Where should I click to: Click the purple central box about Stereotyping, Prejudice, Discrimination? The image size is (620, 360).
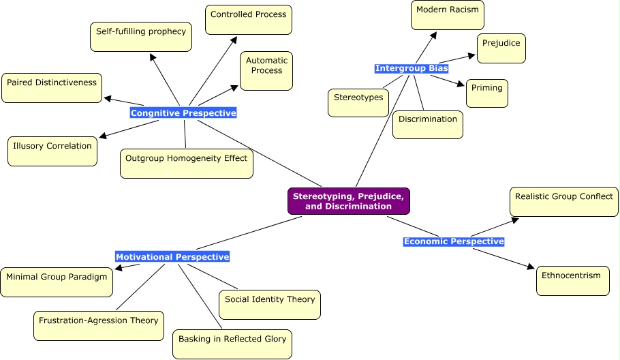[349, 201]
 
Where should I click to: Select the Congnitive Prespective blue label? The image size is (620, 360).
[183, 113]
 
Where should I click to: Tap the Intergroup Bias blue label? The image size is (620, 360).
[412, 69]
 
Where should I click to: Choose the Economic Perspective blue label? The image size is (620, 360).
[454, 241]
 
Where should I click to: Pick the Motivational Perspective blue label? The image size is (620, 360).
[172, 257]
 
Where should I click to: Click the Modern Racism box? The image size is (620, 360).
[447, 15]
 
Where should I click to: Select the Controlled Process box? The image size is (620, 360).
[249, 20]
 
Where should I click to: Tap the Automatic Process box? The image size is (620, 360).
[266, 70]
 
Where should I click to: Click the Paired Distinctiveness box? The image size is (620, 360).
[52, 88]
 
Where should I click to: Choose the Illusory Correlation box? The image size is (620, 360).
[52, 151]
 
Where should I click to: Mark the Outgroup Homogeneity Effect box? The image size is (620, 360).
[187, 164]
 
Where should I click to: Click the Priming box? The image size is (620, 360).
[487, 93]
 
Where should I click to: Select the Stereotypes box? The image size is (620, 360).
[358, 102]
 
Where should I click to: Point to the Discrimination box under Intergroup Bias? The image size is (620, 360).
[428, 124]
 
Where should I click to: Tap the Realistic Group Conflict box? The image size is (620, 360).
[564, 202]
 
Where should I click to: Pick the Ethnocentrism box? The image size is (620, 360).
[573, 280]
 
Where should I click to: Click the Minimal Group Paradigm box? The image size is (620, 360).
[57, 282]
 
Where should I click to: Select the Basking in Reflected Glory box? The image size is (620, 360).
[232, 344]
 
